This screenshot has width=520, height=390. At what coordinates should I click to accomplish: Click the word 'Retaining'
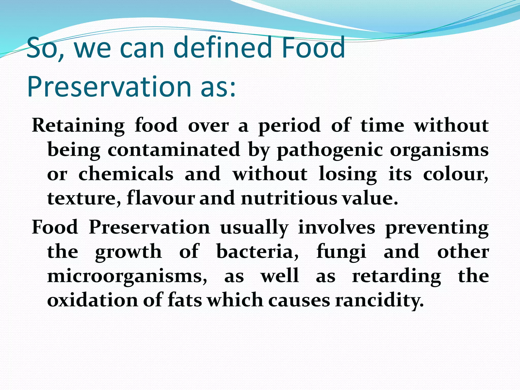pos(78,125)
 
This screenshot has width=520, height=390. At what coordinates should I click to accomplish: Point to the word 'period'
pos(289,126)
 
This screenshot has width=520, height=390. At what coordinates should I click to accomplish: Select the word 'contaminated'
pos(174,150)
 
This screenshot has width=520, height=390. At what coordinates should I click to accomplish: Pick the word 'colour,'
pos(456,174)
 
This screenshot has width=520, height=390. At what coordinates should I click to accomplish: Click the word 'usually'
pos(254,228)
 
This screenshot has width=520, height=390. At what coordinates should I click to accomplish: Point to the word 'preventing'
pos(437,228)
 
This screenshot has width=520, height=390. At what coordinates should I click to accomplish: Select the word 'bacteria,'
pos(257,252)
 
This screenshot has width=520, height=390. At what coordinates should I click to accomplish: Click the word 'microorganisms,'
pos(127,276)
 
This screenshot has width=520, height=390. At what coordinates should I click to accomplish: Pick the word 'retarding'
pos(396,276)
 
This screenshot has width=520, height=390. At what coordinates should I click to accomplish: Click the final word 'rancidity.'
pos(379,301)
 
